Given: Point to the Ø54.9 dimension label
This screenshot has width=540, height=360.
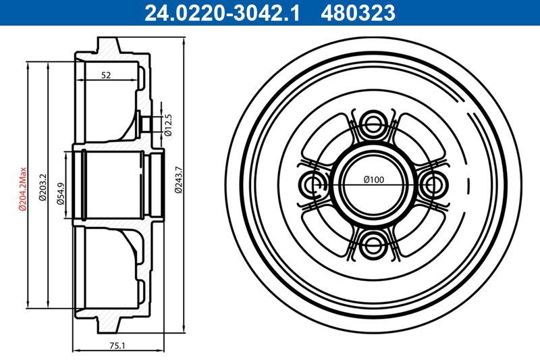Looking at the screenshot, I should (60, 192).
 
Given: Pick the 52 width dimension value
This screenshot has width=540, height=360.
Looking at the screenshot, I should (106, 75).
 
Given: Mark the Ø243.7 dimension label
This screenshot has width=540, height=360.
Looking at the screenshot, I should (178, 180).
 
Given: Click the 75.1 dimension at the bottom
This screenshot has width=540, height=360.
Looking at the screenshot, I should (117, 345).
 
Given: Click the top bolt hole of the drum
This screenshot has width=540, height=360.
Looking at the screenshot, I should (373, 124).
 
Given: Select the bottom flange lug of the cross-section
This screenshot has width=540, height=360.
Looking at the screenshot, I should (109, 324).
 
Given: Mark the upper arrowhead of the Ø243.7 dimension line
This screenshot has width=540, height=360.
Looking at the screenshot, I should (184, 42).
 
